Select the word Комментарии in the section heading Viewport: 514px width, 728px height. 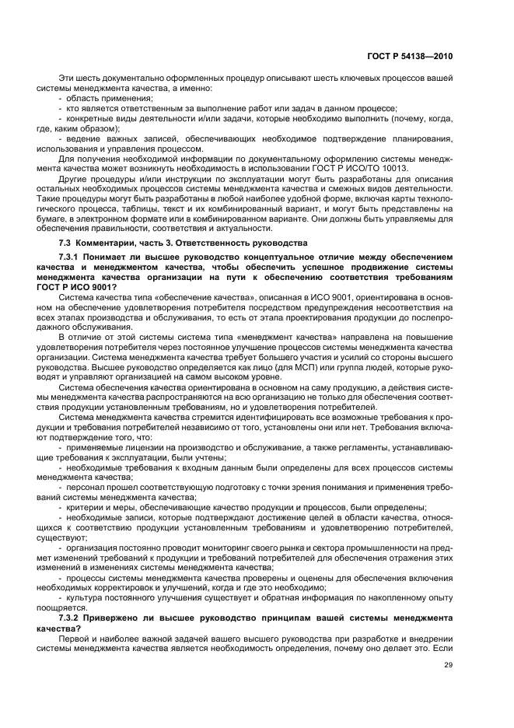pyautogui.click(x=105, y=243)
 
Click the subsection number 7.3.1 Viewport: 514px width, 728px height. pyautogui.click(x=72, y=258)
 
